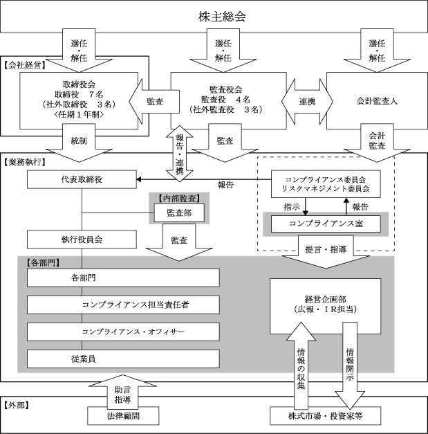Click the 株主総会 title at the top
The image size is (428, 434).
(x=222, y=17)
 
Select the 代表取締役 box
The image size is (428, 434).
(x=82, y=180)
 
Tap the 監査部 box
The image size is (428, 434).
(x=179, y=213)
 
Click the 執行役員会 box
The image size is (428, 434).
(x=82, y=239)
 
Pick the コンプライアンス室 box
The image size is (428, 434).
(x=326, y=224)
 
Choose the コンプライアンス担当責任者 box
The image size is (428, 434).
(x=123, y=305)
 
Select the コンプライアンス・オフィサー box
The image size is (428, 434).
(x=123, y=332)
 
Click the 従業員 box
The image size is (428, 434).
(x=123, y=359)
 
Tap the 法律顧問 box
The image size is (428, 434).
(x=123, y=416)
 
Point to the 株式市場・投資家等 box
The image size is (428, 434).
(x=326, y=416)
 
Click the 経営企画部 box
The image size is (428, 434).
(x=326, y=306)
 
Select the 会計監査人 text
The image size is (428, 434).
(x=377, y=101)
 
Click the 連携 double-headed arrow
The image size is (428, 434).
(x=307, y=102)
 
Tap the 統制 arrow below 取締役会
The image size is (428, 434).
(x=79, y=143)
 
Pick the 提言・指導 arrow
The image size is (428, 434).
(x=326, y=251)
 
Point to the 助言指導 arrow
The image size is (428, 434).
(x=122, y=390)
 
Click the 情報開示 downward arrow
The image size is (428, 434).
(x=350, y=365)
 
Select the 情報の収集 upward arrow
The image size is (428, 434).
(x=301, y=365)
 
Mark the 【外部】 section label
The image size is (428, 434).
(x=17, y=406)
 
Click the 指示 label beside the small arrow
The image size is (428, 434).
(x=292, y=207)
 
